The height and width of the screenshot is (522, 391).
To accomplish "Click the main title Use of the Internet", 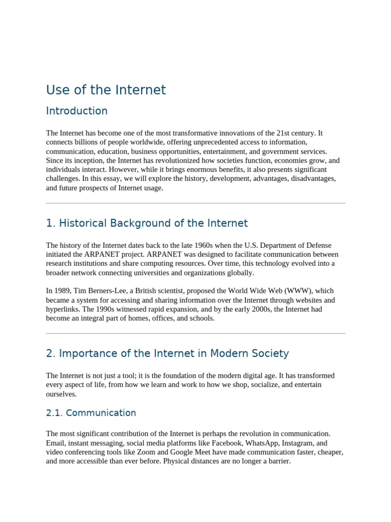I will tap(106, 90).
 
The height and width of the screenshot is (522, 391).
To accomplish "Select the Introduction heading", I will tap(76, 111).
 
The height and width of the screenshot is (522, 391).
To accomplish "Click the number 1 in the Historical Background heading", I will tap(49, 223).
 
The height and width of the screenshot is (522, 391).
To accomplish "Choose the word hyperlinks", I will tap(63, 309).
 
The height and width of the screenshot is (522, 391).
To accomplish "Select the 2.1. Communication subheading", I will tap(91, 413).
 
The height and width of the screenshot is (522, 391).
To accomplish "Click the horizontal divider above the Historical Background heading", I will tap(195, 203).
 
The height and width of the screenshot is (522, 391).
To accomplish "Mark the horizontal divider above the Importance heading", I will tap(195, 334).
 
